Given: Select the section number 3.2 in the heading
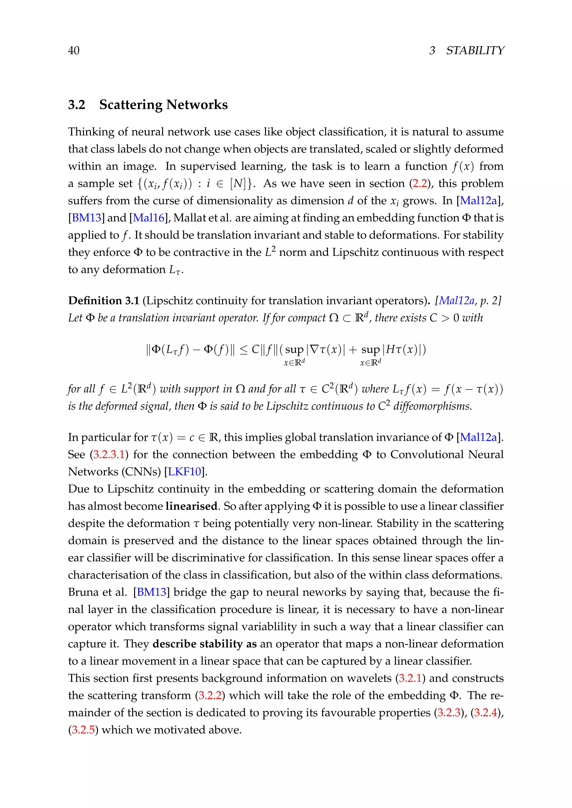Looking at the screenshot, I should (x=77, y=105).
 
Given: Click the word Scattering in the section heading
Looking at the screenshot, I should (x=130, y=105).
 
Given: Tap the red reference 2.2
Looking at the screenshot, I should (x=420, y=183).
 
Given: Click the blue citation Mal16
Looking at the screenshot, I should (x=149, y=218).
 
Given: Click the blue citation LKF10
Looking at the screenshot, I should (x=185, y=472).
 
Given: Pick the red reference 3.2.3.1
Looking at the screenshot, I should (x=108, y=454).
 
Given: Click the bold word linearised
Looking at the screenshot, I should (x=191, y=506).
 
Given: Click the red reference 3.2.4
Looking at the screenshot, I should (x=486, y=713).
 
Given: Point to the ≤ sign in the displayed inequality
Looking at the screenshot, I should (x=243, y=350).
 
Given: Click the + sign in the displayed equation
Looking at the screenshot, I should (x=353, y=350).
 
